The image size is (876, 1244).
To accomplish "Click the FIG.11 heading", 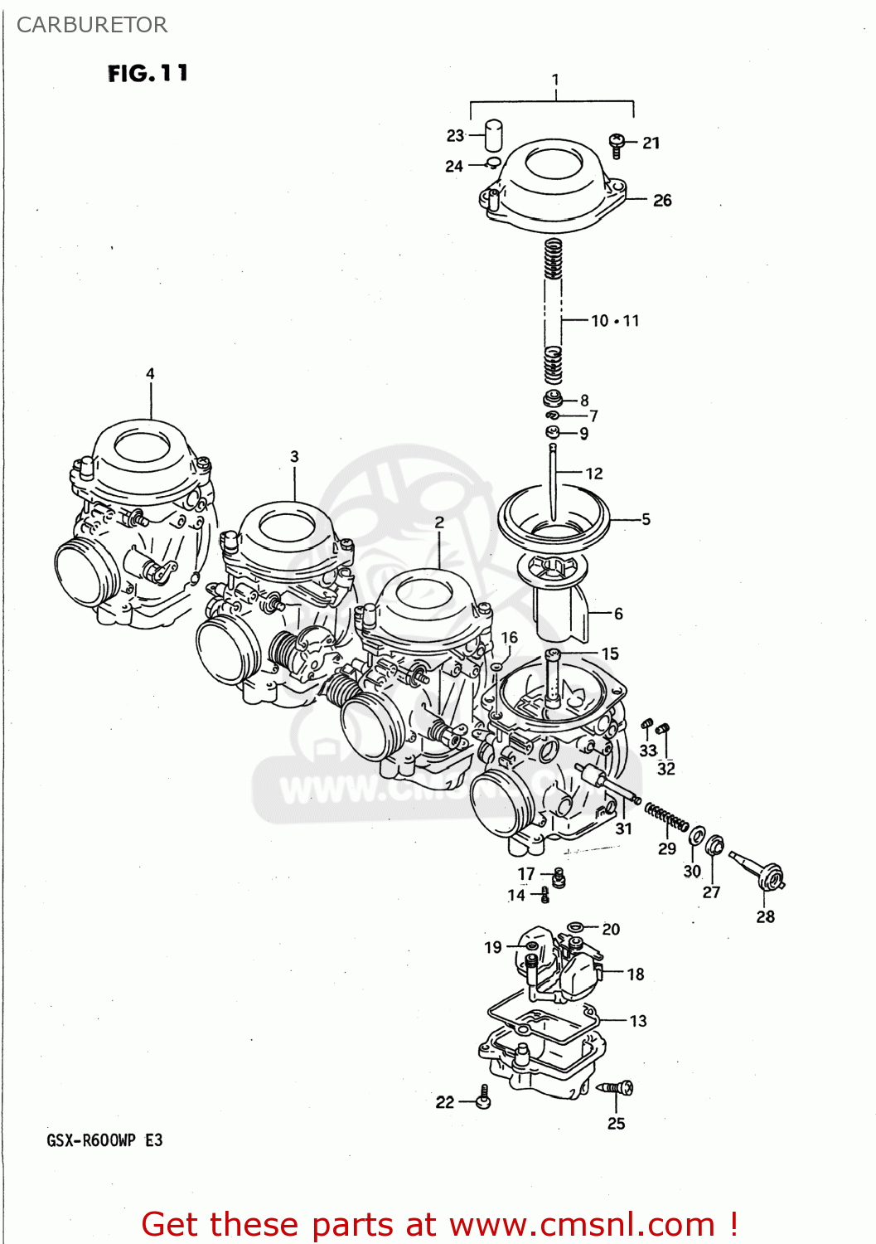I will (x=148, y=74).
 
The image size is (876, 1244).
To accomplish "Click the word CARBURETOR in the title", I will (x=92, y=25).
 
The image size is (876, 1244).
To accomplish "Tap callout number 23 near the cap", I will (x=455, y=135).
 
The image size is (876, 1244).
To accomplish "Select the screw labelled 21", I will (x=617, y=145).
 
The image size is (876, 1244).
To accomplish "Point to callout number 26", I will (x=661, y=200).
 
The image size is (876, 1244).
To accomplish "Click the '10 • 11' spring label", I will (x=615, y=321).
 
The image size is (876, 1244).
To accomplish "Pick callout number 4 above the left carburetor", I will (x=150, y=373).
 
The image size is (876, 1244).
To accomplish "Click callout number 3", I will (x=294, y=457).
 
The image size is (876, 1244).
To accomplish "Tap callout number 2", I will (x=439, y=522).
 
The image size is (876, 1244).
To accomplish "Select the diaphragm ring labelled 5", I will (x=553, y=519).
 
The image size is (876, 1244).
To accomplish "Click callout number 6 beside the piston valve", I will (x=618, y=614).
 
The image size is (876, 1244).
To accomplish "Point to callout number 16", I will (x=509, y=637).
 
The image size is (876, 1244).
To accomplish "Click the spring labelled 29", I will (x=666, y=817).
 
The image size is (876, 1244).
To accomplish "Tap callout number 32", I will (x=666, y=769).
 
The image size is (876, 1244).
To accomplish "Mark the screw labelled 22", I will (x=484, y=1100).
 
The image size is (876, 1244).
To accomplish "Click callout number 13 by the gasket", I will (x=638, y=1021).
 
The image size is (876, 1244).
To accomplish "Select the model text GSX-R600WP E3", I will (x=104, y=1140).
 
